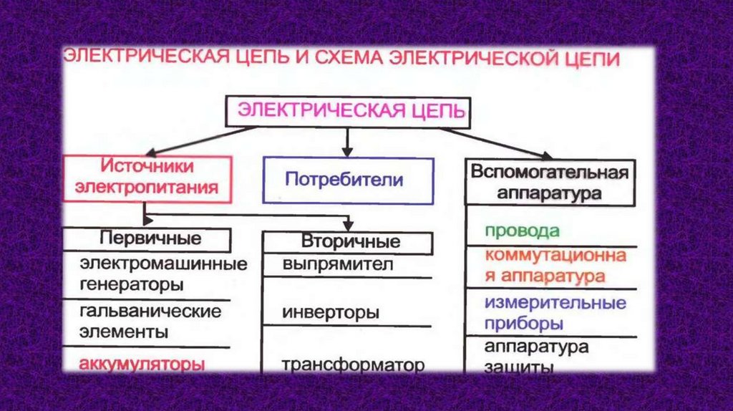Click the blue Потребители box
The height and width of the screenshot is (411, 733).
(349, 179)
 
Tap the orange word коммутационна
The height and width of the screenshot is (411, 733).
(555, 256)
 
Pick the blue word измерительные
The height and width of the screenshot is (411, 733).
(555, 302)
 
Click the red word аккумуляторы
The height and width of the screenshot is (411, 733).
(138, 363)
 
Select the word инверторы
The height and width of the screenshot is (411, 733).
(331, 313)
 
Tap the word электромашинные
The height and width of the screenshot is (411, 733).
(163, 263)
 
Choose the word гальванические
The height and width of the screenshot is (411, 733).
(150, 311)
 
